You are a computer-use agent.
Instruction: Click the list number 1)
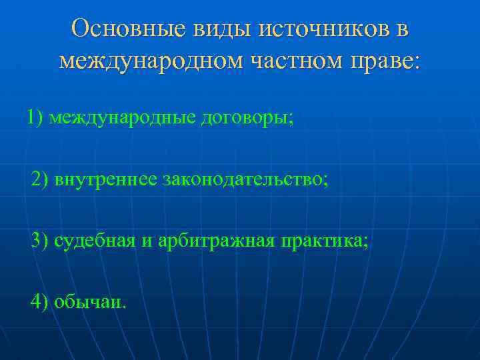pyautogui.click(x=35, y=118)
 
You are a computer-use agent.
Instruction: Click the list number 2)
pyautogui.click(x=41, y=179)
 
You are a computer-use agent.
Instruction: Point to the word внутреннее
pyautogui.click(x=105, y=179)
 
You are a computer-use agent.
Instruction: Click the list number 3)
pyautogui.click(x=41, y=240)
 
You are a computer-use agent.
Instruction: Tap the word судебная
pyautogui.click(x=95, y=240)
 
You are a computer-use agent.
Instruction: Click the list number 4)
pyautogui.click(x=41, y=301)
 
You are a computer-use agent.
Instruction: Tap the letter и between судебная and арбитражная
pyautogui.click(x=147, y=241)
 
